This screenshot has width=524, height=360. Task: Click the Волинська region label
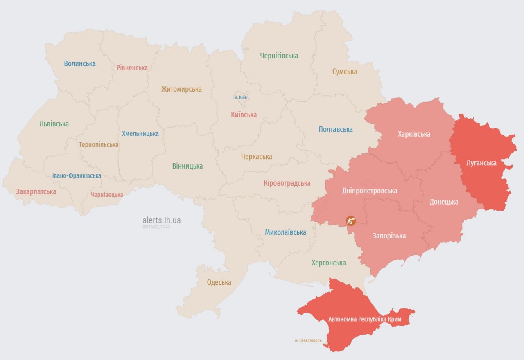[80, 63]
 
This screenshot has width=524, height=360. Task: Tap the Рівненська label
[132, 67]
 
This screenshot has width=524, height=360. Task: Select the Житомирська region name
[181, 89]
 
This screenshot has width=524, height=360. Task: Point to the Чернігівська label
[279, 56]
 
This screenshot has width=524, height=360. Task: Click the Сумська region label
[345, 72]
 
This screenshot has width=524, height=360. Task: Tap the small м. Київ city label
[240, 97]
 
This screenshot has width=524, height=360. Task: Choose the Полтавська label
[336, 129]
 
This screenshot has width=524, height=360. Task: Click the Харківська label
[414, 134]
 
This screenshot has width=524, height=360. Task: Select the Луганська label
[481, 163]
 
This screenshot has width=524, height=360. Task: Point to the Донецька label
[444, 202]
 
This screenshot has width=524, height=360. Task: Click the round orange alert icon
[350, 220]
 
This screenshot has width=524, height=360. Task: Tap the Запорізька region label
[389, 236]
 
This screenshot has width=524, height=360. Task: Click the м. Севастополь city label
[308, 340]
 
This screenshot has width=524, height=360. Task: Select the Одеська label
[219, 282]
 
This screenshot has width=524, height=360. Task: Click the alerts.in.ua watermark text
[161, 220]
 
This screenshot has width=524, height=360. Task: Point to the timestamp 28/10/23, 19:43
[156, 227]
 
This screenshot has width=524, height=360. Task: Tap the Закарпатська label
[36, 191]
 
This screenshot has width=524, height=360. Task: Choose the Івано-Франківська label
[77, 175]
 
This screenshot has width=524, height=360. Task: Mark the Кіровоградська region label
[287, 183]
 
